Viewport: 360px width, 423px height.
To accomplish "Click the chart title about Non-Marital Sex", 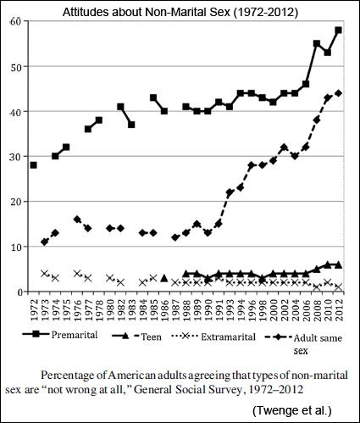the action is (x=180, y=12).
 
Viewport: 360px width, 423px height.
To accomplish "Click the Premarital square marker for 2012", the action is (x=339, y=30).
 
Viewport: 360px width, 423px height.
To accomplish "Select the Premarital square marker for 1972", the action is (x=33, y=165).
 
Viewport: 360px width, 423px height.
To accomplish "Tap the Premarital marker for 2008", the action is (x=317, y=43).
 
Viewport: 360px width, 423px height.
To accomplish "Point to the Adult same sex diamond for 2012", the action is (x=339, y=93).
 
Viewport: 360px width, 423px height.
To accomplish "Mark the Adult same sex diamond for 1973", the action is (x=44, y=242).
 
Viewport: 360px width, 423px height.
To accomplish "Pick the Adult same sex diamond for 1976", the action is (x=77, y=220).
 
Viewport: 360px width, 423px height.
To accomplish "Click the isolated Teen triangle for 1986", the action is (x=164, y=278).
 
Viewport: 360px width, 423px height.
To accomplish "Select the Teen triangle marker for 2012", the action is (x=339, y=264).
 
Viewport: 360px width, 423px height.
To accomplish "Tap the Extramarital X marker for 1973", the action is (x=44, y=274).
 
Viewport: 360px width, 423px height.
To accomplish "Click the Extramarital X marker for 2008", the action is (x=317, y=287).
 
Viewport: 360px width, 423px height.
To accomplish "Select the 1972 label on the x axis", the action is (x=34, y=310).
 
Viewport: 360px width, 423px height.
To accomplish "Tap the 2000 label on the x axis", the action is (x=273, y=310).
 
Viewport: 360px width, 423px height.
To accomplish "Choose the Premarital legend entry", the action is (x=60, y=335).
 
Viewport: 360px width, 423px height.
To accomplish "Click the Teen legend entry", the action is (x=136, y=337).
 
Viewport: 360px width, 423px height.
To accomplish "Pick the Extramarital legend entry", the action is (x=213, y=337).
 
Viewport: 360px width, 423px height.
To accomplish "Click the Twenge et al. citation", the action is (x=292, y=410).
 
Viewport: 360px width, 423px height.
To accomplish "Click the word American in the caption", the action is (x=132, y=376).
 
